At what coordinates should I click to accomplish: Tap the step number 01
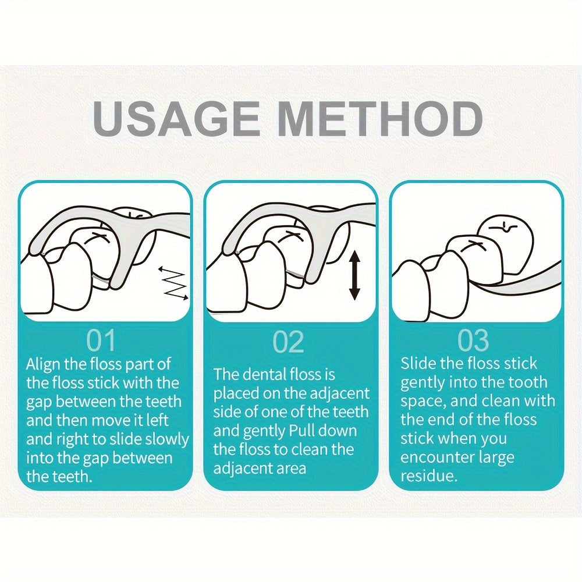[x=101, y=340]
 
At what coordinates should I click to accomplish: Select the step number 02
[x=289, y=342]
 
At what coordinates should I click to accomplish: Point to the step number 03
[x=473, y=340]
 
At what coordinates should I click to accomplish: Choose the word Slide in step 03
[x=418, y=364]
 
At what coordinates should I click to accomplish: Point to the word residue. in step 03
[x=429, y=476]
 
